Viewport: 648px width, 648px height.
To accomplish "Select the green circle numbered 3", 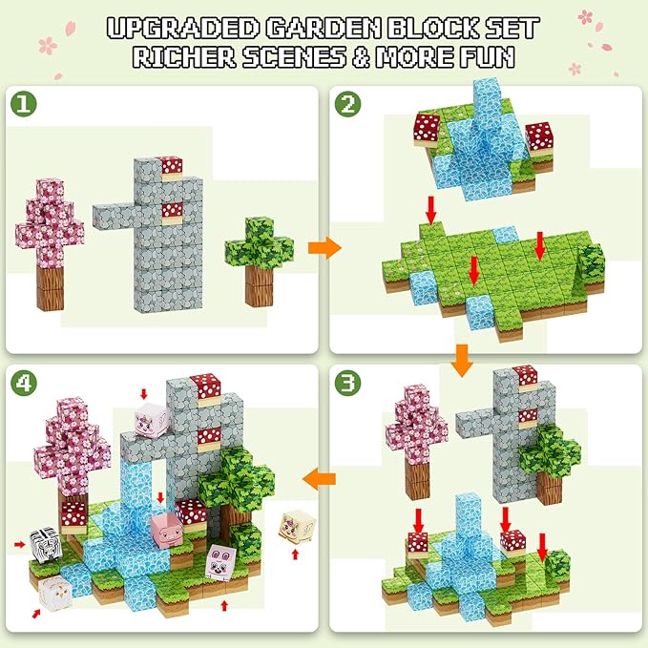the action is [x=347, y=383].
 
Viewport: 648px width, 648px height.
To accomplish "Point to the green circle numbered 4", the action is [x=23, y=383].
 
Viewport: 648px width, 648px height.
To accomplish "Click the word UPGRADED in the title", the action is [x=182, y=28].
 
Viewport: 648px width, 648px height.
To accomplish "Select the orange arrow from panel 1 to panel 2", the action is [x=324, y=248].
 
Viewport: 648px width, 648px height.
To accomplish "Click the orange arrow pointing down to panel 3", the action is [x=462, y=361].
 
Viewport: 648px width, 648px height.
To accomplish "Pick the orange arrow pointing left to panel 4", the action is [x=319, y=479].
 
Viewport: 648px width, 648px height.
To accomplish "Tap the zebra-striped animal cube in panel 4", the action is [x=45, y=545].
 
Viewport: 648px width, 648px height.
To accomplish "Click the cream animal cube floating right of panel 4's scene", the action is [x=297, y=527].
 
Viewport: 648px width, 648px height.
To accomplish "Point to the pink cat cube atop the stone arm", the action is [x=151, y=421].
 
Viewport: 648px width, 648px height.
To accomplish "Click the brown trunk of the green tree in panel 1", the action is [x=260, y=285].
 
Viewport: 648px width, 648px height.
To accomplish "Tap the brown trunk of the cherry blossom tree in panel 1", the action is [x=51, y=287].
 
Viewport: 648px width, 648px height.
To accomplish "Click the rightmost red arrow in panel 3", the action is [x=542, y=548].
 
